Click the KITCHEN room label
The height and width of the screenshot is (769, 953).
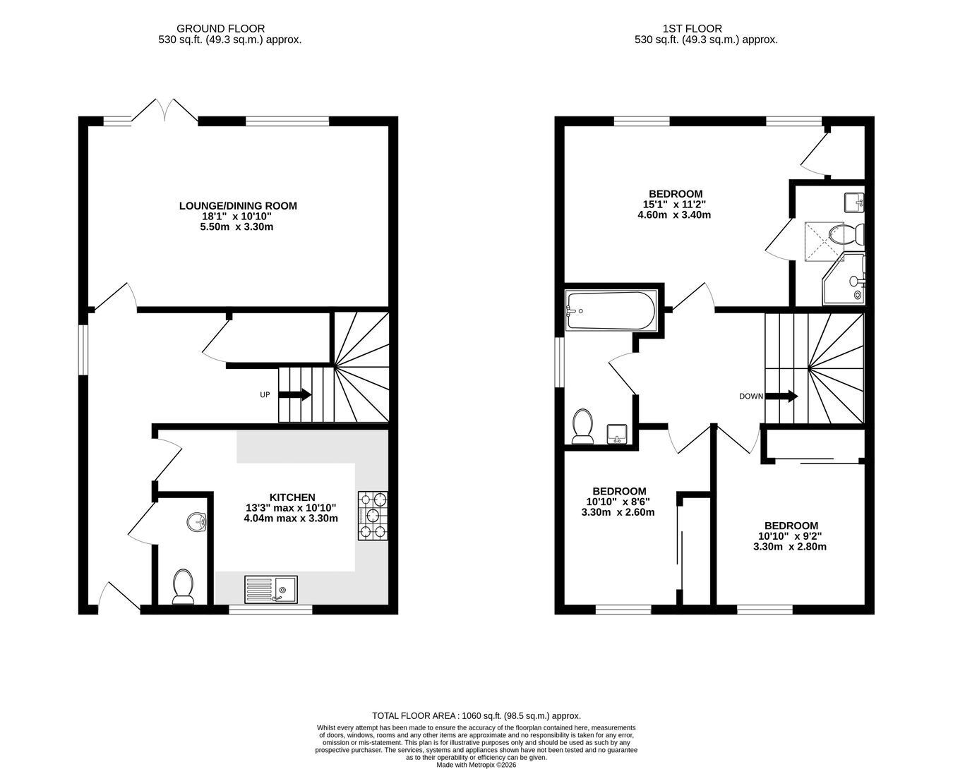pyautogui.click(x=292, y=497)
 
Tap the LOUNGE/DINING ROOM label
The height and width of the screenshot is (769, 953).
pyautogui.click(x=238, y=206)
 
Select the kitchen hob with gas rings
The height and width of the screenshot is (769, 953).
pyautogui.click(x=373, y=516)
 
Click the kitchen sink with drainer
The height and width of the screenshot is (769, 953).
pyautogui.click(x=270, y=589)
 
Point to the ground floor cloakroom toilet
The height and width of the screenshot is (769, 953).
pyautogui.click(x=183, y=586)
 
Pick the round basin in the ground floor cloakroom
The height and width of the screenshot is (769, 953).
pyautogui.click(x=196, y=521)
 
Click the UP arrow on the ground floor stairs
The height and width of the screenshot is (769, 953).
pyautogui.click(x=295, y=394)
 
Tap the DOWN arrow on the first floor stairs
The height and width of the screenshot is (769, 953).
pyautogui.click(x=781, y=396)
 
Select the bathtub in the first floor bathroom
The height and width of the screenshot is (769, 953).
pyautogui.click(x=611, y=310)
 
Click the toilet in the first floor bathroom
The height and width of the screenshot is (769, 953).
pyautogui.click(x=582, y=426)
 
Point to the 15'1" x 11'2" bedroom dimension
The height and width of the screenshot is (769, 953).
pyautogui.click(x=674, y=205)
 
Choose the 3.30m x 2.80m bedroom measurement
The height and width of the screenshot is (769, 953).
pyautogui.click(x=790, y=546)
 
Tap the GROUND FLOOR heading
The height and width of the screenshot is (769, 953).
pyautogui.click(x=220, y=29)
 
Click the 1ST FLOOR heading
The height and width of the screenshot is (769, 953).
pyautogui.click(x=692, y=29)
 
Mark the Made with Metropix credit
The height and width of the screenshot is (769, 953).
pyautogui.click(x=476, y=765)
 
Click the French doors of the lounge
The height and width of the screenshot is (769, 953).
pyautogui.click(x=165, y=110)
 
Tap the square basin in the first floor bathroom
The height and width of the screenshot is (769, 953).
pyautogui.click(x=618, y=434)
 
